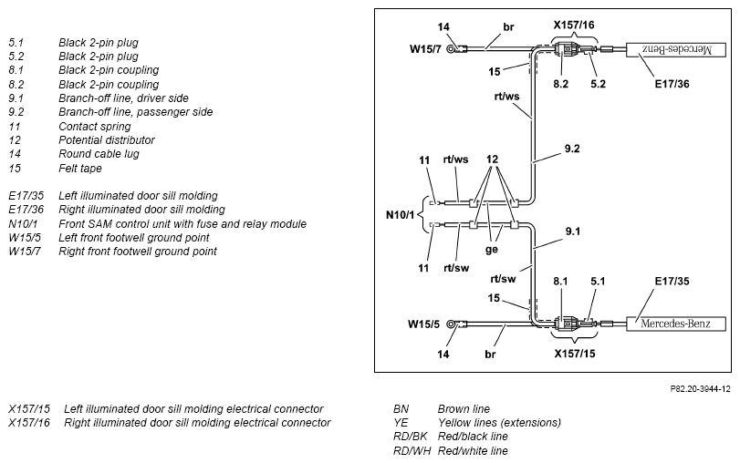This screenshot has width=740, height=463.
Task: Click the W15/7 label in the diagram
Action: click(425, 49)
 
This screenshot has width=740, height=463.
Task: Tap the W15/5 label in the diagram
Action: click(423, 324)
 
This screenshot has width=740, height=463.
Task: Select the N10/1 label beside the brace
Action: click(400, 215)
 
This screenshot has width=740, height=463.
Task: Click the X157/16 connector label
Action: click(573, 25)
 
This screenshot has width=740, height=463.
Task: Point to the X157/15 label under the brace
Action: click(574, 354)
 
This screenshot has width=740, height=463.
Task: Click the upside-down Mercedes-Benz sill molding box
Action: click(676, 49)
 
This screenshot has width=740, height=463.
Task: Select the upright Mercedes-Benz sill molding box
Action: click(676, 324)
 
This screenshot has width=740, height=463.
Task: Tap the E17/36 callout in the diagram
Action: click(672, 84)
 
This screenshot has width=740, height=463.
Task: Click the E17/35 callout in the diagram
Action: click(672, 281)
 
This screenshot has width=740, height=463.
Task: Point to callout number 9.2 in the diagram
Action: click(572, 149)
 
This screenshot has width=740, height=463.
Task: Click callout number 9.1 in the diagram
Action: click(572, 231)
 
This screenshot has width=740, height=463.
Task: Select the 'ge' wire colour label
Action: click(491, 249)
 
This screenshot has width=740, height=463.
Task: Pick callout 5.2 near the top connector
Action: click(598, 84)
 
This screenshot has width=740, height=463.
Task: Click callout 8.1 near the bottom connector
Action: click(560, 281)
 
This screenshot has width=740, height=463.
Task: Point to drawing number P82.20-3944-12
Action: click(700, 389)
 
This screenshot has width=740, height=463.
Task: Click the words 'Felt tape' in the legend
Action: click(79, 169)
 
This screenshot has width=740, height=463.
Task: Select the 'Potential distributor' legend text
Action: click(106, 140)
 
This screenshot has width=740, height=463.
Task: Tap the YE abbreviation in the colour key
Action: click(401, 423)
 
